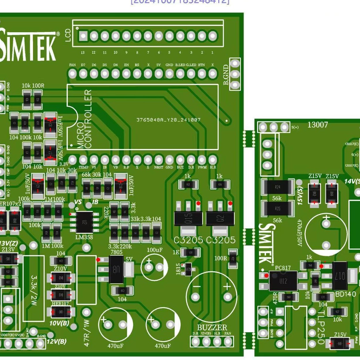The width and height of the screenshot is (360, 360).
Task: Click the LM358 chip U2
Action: click(x=84, y=222)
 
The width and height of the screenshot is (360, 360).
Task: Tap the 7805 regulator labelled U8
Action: click(x=116, y=270)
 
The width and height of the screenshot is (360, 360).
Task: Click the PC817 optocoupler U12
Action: click(x=283, y=281)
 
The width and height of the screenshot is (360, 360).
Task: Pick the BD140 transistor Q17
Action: click(x=340, y=276)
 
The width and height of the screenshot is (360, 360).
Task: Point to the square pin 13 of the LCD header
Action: click(x=83, y=36)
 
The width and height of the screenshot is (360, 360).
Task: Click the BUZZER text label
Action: click(x=212, y=327)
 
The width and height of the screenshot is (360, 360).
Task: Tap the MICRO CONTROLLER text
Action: click(x=84, y=119)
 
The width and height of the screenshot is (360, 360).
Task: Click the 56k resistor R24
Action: click(x=278, y=187)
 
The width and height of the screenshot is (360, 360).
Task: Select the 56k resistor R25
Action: click(x=278, y=208)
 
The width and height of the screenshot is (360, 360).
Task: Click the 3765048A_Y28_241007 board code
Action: click(x=168, y=120)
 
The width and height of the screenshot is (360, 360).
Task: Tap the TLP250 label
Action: click(x=321, y=327)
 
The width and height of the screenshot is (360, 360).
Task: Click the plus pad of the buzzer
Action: click(x=227, y=297)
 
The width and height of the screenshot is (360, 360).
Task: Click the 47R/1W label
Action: click(x=87, y=333)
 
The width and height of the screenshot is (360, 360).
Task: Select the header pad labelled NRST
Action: click(x=159, y=160)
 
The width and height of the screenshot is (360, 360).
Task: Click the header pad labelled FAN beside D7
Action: click(x=72, y=73)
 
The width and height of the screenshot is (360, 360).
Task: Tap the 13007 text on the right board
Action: click(x=318, y=125)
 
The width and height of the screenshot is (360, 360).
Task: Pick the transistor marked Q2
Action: click(x=220, y=219)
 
